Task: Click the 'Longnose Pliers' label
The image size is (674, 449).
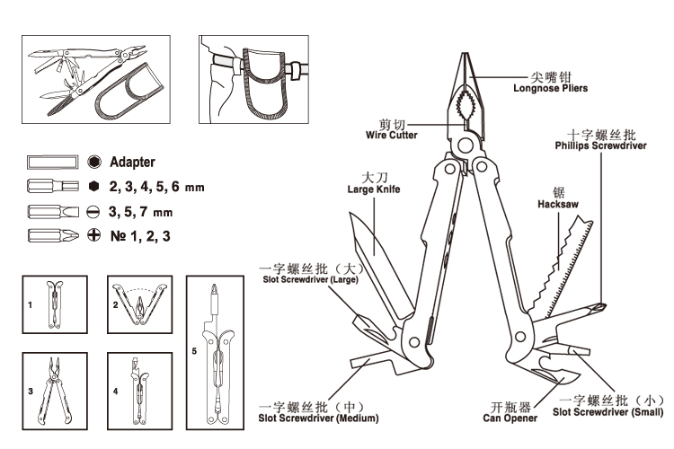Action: [x=550, y=88]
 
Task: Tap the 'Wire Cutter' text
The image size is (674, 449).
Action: [x=391, y=135]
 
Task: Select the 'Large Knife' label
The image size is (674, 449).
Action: [x=374, y=189]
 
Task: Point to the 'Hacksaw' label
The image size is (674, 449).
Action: [x=558, y=204]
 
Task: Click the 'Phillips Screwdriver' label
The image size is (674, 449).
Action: [x=600, y=145]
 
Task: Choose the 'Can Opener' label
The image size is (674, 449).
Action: [x=510, y=418]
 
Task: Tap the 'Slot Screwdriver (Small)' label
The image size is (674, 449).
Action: [x=607, y=412]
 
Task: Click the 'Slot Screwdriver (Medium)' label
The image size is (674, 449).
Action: [x=318, y=418]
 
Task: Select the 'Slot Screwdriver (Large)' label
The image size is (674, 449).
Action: [x=310, y=279]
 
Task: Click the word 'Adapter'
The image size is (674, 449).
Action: [x=132, y=162]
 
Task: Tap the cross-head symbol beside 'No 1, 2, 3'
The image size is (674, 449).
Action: [x=93, y=235]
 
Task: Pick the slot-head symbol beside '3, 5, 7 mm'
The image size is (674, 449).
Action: [x=93, y=211]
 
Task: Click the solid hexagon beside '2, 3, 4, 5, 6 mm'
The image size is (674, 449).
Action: [x=93, y=186]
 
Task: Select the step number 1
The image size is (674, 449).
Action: [x=30, y=305]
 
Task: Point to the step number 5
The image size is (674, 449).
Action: [x=194, y=351]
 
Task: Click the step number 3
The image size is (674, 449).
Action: [x=31, y=392]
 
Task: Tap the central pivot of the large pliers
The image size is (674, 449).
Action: [x=466, y=145]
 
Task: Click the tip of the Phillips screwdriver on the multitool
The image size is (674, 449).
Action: [x=605, y=306]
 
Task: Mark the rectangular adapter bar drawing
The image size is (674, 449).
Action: [x=53, y=162]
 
